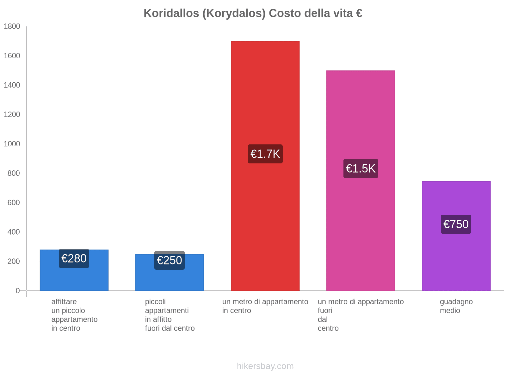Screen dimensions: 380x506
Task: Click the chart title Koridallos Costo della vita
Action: (253, 13)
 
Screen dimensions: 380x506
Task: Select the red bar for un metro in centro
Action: (265, 95)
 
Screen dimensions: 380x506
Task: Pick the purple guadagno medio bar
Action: (456, 260)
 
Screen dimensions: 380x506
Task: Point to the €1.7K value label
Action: (265, 154)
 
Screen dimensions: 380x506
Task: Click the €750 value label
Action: (456, 224)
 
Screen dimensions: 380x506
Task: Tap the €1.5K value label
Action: (361, 168)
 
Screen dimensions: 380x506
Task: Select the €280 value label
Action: (74, 258)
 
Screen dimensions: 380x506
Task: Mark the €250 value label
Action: (170, 260)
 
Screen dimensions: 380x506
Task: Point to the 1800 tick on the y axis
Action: (12, 26)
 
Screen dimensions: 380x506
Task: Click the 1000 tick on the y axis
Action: (12, 144)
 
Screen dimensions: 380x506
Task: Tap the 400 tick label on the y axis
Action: (14, 232)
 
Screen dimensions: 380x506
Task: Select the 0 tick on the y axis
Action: (18, 291)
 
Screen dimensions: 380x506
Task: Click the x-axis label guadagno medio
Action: (456, 306)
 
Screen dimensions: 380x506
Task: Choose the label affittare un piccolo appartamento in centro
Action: (74, 315)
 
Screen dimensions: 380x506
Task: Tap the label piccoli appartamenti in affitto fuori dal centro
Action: (170, 315)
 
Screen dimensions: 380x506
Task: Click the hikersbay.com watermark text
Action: (265, 366)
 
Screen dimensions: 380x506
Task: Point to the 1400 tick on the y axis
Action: (12, 85)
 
